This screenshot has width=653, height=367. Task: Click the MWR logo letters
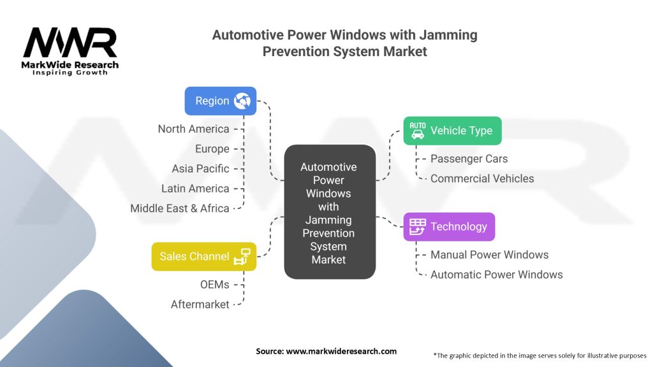(x=70, y=42)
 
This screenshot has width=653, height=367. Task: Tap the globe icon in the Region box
(x=242, y=101)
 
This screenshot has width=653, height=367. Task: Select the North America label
(x=193, y=129)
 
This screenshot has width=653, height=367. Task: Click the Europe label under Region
(x=212, y=149)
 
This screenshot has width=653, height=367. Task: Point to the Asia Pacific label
(x=200, y=168)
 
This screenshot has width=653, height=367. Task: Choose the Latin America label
(x=195, y=189)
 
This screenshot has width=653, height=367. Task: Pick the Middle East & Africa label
(x=179, y=208)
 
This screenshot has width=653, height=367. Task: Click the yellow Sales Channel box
(x=203, y=256)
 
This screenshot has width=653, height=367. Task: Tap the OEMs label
(x=214, y=285)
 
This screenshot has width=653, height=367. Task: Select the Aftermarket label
(x=200, y=305)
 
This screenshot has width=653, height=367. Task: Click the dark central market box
(x=330, y=212)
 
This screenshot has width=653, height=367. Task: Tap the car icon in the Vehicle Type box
(x=417, y=131)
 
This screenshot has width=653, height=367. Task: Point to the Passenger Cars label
(x=469, y=159)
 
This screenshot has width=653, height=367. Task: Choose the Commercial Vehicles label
(x=482, y=178)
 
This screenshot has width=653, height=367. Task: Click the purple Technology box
(x=449, y=227)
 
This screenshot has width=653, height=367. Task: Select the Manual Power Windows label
(x=489, y=255)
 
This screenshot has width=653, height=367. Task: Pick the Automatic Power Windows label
(x=496, y=275)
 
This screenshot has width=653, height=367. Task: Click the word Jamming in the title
(x=448, y=36)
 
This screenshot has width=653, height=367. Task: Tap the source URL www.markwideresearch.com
(x=341, y=351)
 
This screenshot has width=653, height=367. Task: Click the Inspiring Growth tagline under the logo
(x=70, y=73)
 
